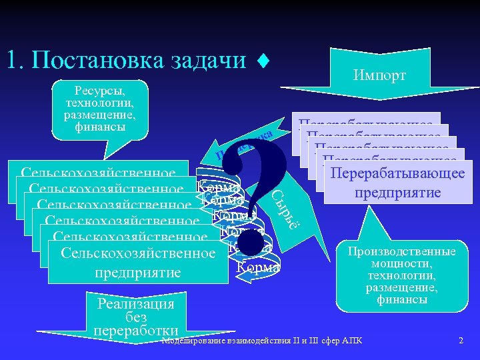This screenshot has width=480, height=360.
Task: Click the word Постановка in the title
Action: [x=97, y=61]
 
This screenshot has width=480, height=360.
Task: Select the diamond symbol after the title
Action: [x=263, y=62]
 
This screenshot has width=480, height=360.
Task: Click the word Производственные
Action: [x=401, y=251]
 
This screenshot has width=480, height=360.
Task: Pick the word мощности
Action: [x=401, y=263]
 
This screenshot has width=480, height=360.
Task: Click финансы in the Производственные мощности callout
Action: [x=401, y=299]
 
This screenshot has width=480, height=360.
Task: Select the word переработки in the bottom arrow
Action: [x=136, y=330]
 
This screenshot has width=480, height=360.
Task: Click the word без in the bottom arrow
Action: [x=136, y=317]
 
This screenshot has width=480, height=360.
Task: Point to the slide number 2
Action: [x=461, y=341]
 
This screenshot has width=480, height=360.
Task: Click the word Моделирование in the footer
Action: [x=194, y=342]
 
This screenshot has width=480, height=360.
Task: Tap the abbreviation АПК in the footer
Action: [x=351, y=342]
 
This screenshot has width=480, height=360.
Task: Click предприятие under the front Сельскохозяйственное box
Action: [x=138, y=273]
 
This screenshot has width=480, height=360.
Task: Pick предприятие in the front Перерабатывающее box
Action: [x=398, y=193]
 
